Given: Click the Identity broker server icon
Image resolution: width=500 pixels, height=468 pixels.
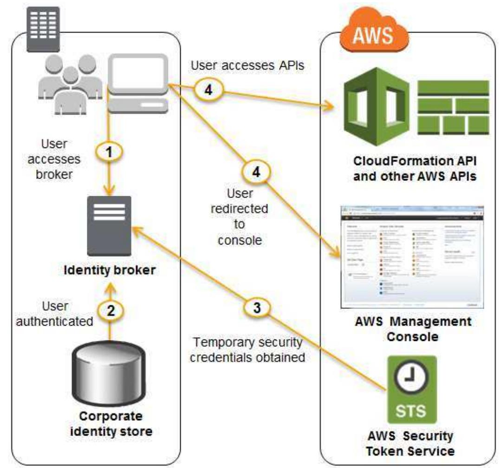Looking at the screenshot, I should coord(109,225).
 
